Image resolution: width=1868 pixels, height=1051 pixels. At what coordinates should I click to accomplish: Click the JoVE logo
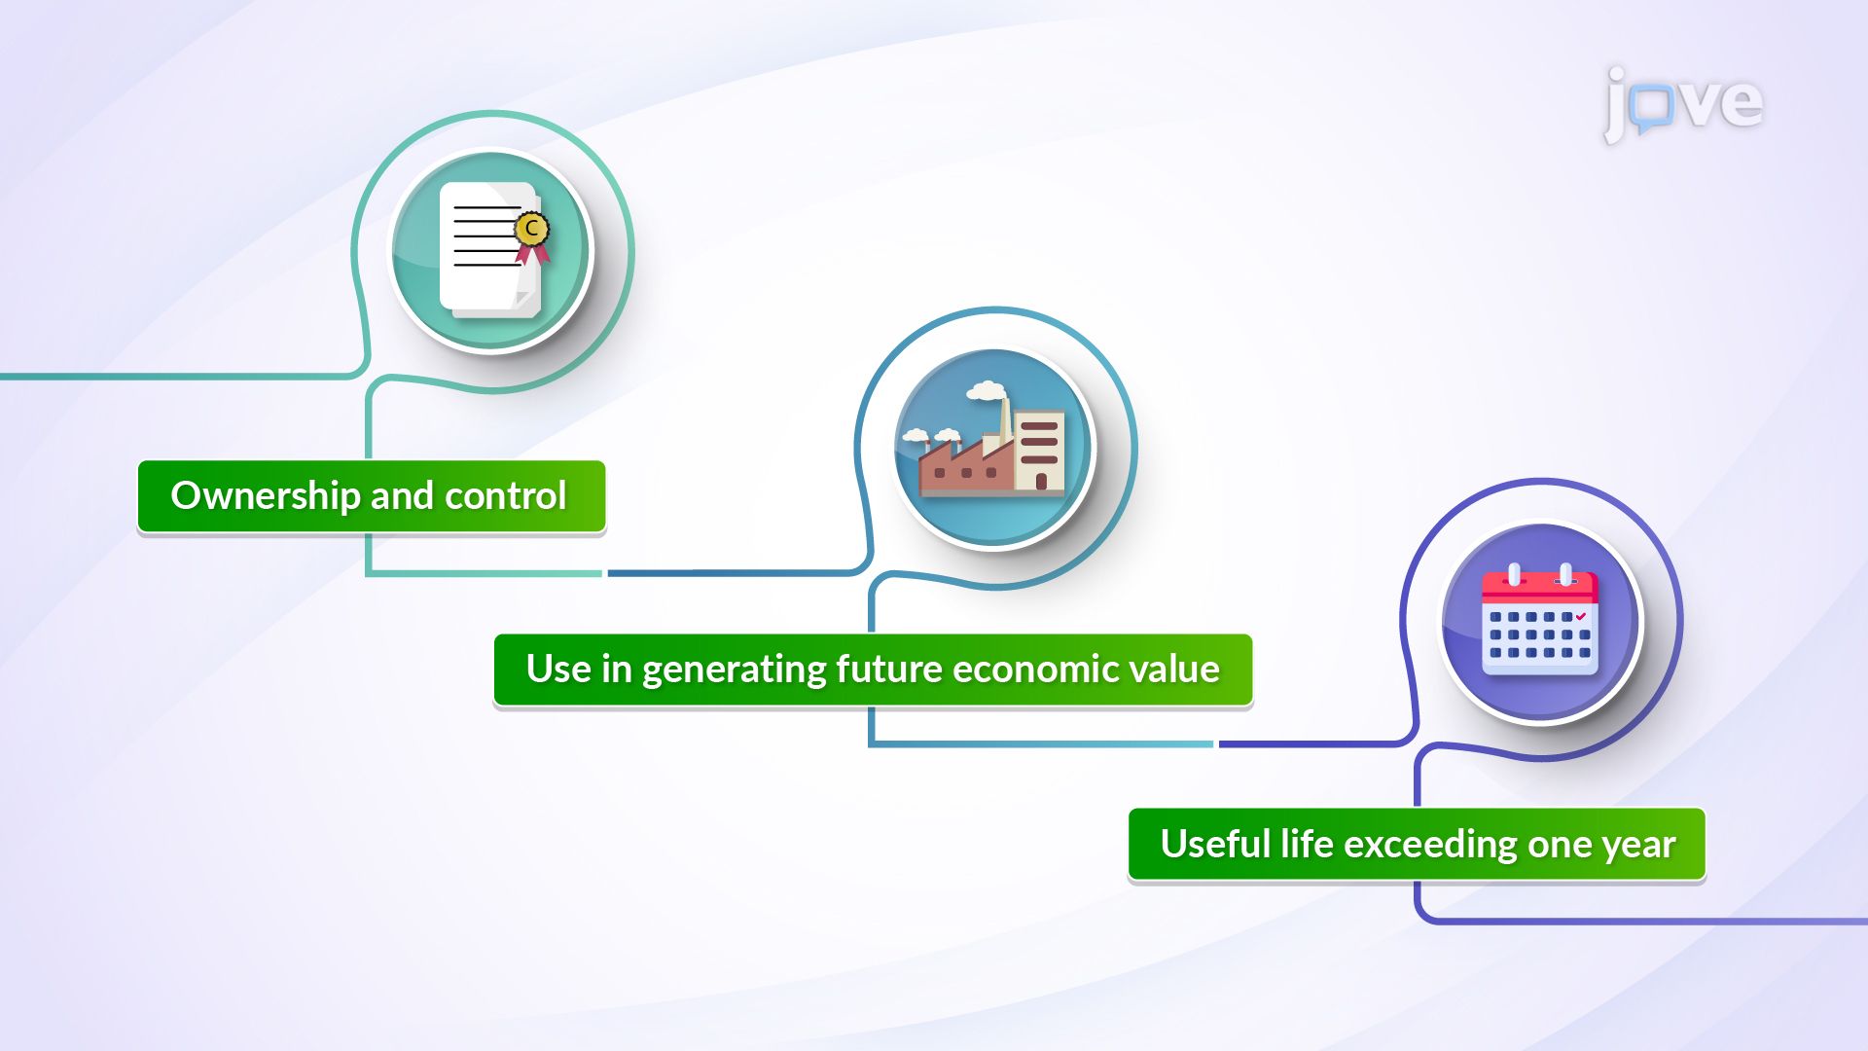point(1683,103)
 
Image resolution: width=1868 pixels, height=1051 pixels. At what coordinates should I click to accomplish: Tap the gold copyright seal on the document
point(531,230)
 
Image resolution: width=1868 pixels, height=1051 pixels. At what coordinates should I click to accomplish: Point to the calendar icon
point(1539,623)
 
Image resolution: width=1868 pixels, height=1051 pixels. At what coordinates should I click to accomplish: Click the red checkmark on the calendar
point(1581,616)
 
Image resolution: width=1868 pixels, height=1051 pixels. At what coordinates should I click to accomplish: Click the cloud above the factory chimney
point(986,391)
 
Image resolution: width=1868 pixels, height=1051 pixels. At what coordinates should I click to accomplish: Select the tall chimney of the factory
point(1004,423)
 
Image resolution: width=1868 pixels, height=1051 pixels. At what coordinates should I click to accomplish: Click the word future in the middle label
point(888,670)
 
